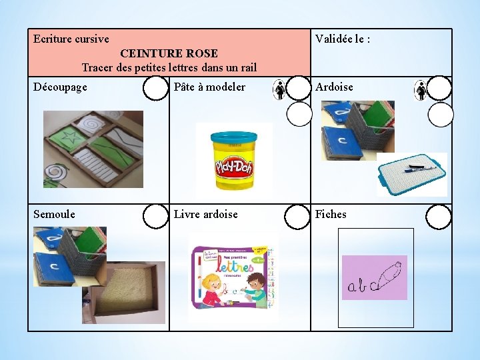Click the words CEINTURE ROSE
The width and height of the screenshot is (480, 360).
point(169,53)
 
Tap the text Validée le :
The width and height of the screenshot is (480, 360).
point(343,39)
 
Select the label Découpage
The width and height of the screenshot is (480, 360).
point(60,87)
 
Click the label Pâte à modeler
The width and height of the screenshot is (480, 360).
point(209,87)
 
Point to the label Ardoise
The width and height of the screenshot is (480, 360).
point(334,87)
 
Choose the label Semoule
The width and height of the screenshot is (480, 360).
point(54,215)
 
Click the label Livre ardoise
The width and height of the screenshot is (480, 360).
point(205,215)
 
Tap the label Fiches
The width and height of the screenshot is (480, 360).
point(331,215)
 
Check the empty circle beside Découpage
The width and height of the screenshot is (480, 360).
point(156,88)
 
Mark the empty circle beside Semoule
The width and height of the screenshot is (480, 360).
point(156,216)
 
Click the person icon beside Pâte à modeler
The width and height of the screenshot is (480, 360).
point(280,90)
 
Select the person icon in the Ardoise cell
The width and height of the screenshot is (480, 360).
point(421,90)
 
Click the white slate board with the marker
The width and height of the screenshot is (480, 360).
point(412,174)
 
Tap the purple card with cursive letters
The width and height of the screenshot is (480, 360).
point(374,277)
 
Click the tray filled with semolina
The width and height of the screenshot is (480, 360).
point(131,292)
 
